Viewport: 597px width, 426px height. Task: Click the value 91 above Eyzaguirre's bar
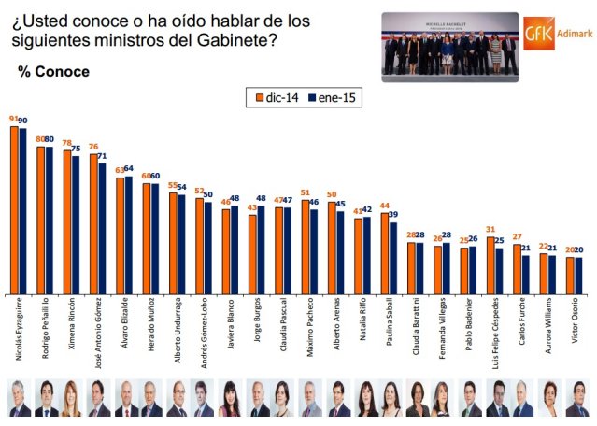pos(13,120)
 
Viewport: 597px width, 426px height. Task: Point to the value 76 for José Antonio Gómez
pos(92,147)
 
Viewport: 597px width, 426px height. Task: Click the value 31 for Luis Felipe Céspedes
pos(490,230)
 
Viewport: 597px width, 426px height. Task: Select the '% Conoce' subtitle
pos(54,71)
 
